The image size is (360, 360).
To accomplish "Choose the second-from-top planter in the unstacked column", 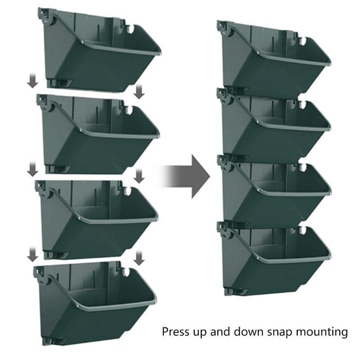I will tap(99, 135).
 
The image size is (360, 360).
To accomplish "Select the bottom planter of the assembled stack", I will tap(274, 256).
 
